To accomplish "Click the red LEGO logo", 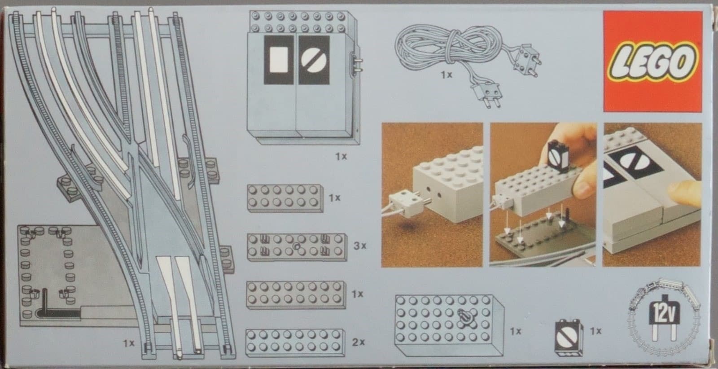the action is click(652, 61).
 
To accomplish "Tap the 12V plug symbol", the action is click(664, 317).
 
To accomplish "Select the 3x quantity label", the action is click(359, 246).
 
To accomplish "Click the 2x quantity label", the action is click(358, 343).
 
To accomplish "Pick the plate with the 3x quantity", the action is click(297, 247).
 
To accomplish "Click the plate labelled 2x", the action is click(295, 343).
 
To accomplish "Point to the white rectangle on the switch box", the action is click(278, 60).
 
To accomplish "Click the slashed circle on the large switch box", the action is click(314, 60).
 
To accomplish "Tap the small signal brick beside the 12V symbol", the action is click(569, 338).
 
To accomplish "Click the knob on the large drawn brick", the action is click(464, 317).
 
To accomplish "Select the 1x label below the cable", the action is click(446, 75).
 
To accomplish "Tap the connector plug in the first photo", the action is click(404, 202).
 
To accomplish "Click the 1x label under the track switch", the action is click(129, 343).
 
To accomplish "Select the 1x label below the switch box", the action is click(341, 157).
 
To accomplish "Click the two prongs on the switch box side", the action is click(358, 64).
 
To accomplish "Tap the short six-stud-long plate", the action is click(285, 198).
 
